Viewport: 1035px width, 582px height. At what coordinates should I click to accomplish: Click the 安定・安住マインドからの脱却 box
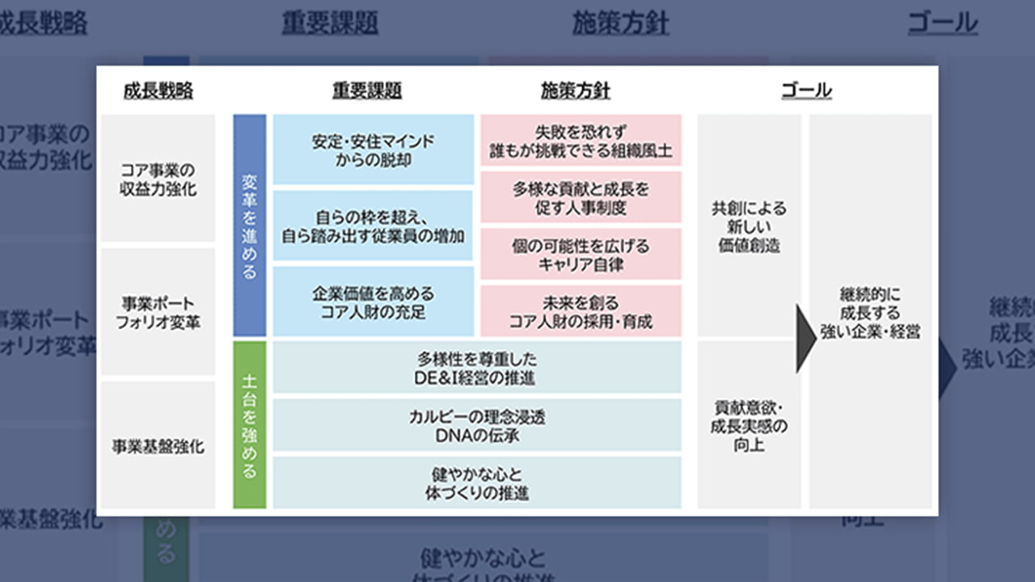(373, 150)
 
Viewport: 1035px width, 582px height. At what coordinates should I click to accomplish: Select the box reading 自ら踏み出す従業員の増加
(373, 226)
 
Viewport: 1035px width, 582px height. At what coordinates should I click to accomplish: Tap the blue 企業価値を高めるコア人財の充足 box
(373, 301)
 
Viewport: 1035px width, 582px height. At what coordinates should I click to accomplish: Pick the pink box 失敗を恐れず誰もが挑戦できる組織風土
(581, 141)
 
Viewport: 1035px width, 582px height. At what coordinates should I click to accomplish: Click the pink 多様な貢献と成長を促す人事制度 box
(581, 197)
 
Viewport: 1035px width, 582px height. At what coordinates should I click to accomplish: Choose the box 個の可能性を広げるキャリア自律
(581, 254)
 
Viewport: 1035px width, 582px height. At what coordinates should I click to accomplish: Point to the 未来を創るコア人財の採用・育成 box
(581, 311)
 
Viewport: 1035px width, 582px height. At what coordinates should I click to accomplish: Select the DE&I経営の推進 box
(477, 368)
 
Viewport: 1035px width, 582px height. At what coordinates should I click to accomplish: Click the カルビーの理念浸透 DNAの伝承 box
(477, 425)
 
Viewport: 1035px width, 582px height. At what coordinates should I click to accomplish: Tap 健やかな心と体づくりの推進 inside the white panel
(477, 483)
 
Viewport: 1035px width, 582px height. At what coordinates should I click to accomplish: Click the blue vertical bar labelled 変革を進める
(249, 226)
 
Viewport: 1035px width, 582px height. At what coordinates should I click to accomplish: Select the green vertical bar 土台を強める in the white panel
(249, 425)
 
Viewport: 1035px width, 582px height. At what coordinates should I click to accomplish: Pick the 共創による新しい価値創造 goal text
(749, 226)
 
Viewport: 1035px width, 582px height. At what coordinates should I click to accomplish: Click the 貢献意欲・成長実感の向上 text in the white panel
(749, 425)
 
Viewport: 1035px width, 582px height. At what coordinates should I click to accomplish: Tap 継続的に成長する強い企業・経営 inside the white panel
(870, 312)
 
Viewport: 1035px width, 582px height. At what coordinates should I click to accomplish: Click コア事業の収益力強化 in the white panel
(158, 179)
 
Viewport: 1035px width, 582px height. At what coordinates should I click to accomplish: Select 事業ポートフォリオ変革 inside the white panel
(158, 312)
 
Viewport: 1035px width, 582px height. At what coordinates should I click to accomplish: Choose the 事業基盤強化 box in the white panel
(158, 445)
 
